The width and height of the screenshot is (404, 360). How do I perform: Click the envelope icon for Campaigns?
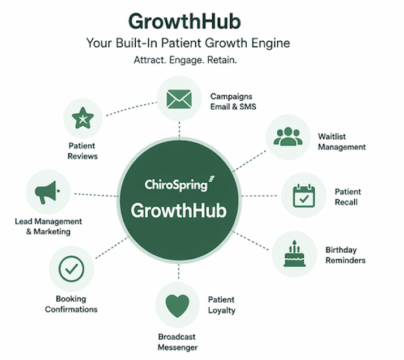coord(179,99)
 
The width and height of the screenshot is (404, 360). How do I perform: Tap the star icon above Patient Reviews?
coord(83,118)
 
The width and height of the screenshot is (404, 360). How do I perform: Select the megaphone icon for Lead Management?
coord(48,192)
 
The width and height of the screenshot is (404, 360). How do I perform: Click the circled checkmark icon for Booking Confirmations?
coord(71,268)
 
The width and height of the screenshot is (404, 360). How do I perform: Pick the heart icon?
coord(177,306)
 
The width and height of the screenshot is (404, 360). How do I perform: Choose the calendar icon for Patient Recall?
coord(304,196)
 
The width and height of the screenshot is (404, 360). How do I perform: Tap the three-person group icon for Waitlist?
coord(288,136)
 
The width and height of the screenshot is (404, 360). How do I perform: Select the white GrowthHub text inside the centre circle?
coord(179,211)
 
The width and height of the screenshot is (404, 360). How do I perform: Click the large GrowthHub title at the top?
coord(184,22)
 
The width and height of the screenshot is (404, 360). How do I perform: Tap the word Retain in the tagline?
coord(222,60)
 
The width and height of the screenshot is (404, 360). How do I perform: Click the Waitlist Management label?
coord(342,142)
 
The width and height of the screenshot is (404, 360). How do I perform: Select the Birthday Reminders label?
coord(345,255)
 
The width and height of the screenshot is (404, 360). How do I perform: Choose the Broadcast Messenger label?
coord(178,342)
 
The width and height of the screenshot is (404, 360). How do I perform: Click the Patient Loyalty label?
coord(222,305)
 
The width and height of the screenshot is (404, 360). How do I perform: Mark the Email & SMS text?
coord(233,106)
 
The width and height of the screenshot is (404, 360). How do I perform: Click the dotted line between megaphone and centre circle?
coord(96,195)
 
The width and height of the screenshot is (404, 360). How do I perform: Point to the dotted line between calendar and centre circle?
coord(260,196)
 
